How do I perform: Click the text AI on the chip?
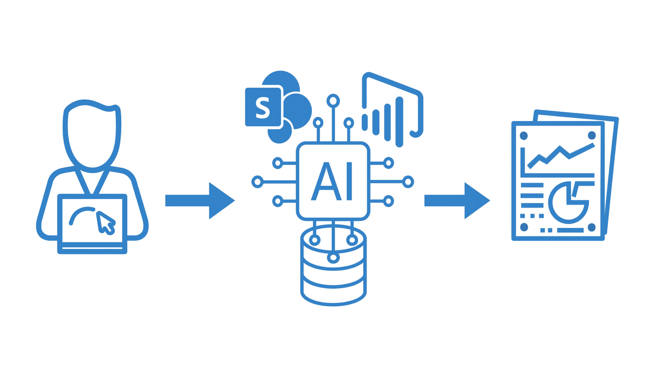(332, 181)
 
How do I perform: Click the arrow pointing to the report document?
(457, 200)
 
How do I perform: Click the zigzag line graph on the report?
(561, 156)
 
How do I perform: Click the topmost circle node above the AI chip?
(333, 101)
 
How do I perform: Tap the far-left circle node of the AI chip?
(257, 182)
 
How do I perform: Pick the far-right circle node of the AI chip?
(408, 182)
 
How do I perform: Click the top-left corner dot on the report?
(524, 136)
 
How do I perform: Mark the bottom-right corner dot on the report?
(592, 227)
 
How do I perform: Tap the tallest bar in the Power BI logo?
(399, 122)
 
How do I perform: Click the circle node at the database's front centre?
(333, 258)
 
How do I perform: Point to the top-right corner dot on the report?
(592, 136)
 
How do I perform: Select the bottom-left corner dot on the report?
(524, 227)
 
